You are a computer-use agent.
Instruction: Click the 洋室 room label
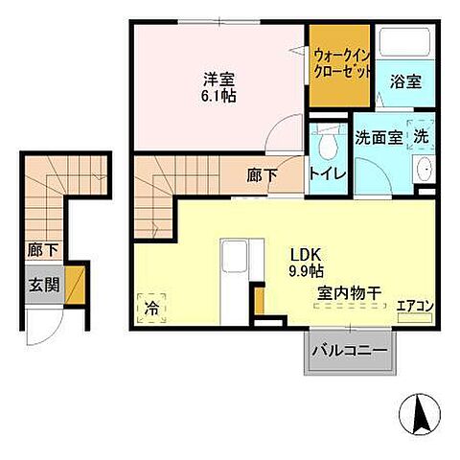tap(219, 79)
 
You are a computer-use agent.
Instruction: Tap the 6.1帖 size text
tap(219, 96)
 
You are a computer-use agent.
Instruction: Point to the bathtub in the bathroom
tap(402, 44)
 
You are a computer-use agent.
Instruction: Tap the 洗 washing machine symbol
tap(421, 136)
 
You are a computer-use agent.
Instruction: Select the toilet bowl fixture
tap(327, 145)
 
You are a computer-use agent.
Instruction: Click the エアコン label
tap(415, 307)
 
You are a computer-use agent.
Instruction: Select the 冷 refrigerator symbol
tap(151, 309)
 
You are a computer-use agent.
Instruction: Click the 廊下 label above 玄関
tap(40, 250)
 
